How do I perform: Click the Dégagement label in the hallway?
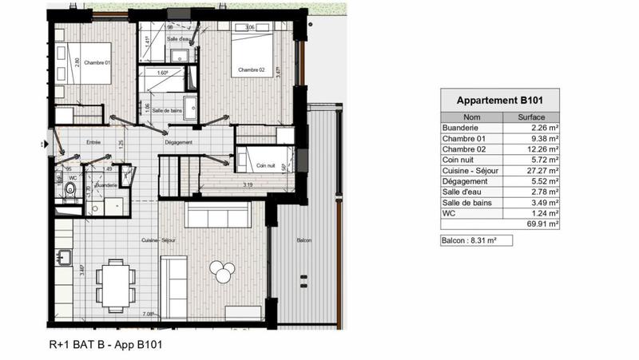click(178, 142)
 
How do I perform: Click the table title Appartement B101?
click(499, 101)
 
